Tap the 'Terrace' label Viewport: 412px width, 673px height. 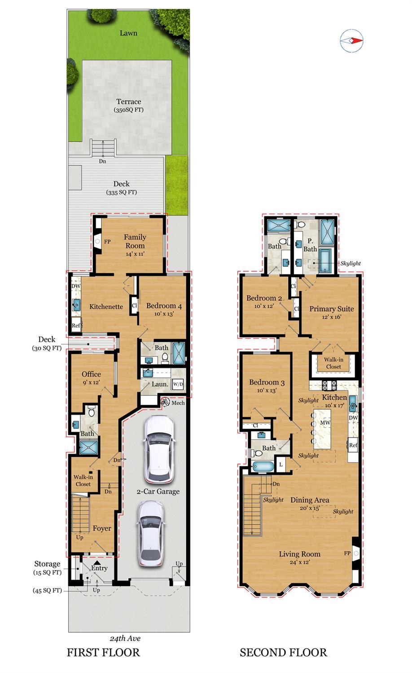tap(129, 102)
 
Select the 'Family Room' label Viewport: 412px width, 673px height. tap(135, 241)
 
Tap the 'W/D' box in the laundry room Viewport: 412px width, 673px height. tap(177, 384)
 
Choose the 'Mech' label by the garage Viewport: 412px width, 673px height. tap(178, 403)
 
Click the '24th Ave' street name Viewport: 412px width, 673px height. tap(125, 638)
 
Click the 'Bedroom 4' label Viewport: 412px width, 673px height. tap(164, 306)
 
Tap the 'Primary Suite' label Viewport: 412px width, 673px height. tap(332, 309)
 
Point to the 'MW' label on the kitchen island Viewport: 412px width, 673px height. tap(325, 422)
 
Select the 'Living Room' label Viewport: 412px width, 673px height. tap(299, 554)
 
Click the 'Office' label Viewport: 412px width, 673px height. tap(91, 374)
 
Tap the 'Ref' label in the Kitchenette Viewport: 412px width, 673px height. tap(75, 325)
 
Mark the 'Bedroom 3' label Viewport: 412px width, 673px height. tap(267, 382)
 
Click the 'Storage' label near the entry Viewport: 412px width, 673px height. tap(47, 564)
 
